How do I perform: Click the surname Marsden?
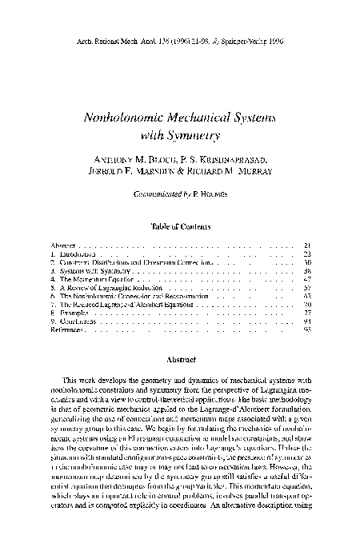click(x=153, y=172)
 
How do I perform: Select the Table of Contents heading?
click(x=179, y=227)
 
